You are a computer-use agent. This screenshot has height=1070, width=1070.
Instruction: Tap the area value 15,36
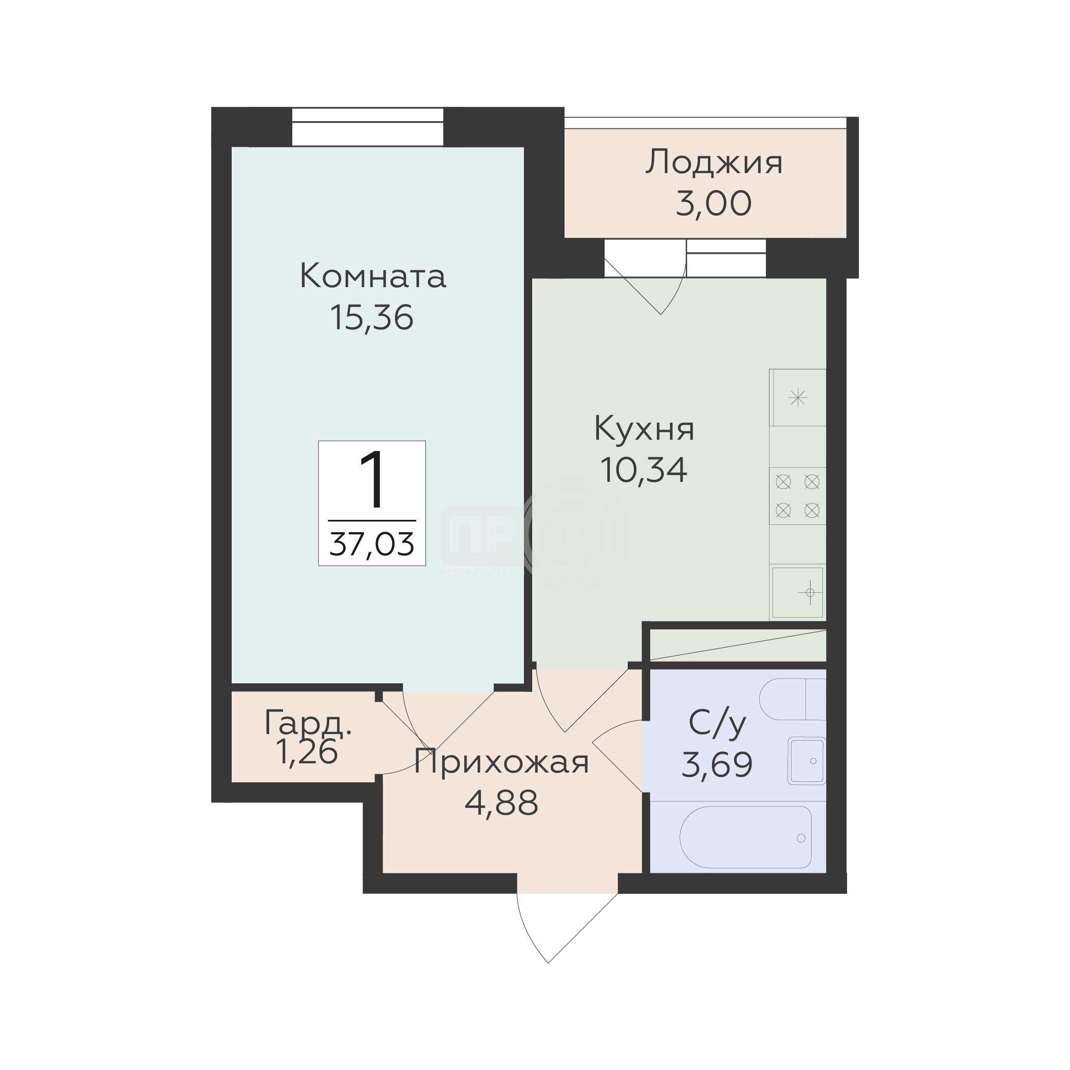click(371, 318)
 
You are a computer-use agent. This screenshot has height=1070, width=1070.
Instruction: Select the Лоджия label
click(714, 163)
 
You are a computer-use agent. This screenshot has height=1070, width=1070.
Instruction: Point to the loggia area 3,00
click(714, 203)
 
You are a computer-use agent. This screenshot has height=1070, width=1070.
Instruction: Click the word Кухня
click(644, 430)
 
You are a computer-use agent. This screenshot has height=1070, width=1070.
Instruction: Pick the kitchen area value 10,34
click(644, 470)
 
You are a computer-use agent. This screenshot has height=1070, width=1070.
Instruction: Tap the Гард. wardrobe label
click(308, 723)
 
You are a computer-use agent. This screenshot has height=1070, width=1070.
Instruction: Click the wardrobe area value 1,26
click(306, 752)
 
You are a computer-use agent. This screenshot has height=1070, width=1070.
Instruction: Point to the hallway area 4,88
click(501, 803)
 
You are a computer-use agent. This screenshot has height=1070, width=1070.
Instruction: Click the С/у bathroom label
click(717, 724)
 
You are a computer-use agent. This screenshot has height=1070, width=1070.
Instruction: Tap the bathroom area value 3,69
click(717, 765)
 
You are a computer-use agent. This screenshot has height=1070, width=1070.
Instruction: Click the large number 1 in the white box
click(371, 480)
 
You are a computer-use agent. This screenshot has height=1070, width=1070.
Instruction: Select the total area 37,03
click(371, 544)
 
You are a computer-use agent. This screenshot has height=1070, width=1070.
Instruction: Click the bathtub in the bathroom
click(745, 837)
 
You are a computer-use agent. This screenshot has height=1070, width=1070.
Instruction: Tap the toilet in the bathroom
click(793, 700)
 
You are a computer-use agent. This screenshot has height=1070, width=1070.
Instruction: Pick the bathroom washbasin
click(807, 761)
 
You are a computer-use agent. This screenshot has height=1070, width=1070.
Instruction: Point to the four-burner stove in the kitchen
click(798, 496)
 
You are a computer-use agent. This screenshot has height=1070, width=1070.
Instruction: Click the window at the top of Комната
click(368, 127)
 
